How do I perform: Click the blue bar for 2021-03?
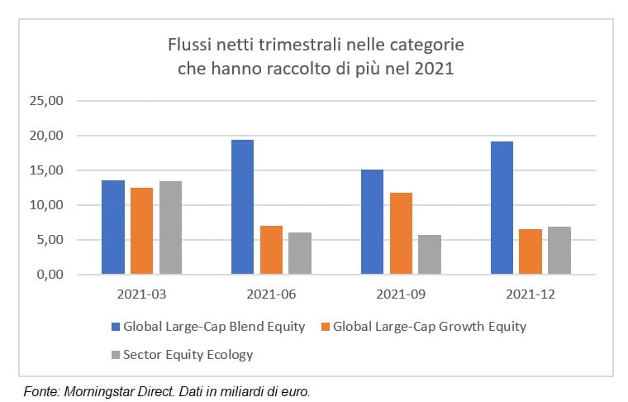tap(113, 227)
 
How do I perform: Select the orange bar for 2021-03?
tap(142, 231)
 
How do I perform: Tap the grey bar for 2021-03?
tap(170, 227)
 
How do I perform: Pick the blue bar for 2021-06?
tap(243, 207)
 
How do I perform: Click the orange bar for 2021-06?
tap(271, 250)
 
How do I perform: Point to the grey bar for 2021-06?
tap(300, 253)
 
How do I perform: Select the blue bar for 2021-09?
tap(372, 222)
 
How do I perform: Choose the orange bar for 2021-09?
tap(401, 233)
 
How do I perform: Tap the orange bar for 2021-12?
tap(530, 251)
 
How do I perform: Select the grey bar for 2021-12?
tap(559, 251)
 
